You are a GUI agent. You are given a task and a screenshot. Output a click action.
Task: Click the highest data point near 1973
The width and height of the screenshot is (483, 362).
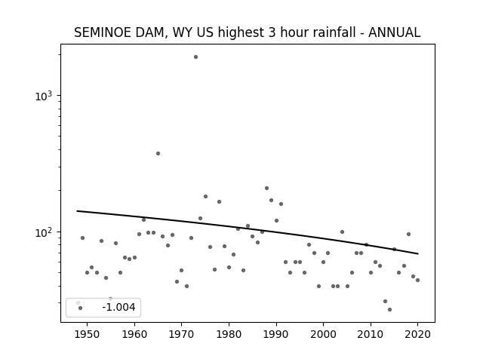click(195, 57)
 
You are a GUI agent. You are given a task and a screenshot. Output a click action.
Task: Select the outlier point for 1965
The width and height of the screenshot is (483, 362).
click(158, 153)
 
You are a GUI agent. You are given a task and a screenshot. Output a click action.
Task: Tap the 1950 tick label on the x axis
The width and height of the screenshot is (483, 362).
click(88, 334)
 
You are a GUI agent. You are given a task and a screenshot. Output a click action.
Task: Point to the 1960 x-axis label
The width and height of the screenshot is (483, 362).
click(134, 334)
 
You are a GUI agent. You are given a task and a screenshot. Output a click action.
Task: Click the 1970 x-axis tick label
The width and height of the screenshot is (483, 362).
click(181, 334)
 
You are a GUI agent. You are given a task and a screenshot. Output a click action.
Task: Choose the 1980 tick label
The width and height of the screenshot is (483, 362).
click(229, 334)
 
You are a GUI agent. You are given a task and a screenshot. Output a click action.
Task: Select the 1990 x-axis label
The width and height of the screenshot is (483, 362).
click(276, 334)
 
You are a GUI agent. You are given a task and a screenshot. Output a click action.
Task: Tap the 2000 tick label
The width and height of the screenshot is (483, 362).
click(323, 334)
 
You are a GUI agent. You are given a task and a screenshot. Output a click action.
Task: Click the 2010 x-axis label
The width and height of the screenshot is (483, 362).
click(371, 334)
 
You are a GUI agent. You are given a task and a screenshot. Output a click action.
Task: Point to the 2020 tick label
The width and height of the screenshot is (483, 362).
click(417, 334)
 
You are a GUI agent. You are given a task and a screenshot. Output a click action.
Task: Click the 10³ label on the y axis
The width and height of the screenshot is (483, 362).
click(44, 97)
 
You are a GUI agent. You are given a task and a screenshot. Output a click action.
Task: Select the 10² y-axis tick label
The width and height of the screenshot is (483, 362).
click(44, 233)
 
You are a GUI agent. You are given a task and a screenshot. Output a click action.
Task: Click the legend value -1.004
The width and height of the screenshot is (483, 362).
click(118, 307)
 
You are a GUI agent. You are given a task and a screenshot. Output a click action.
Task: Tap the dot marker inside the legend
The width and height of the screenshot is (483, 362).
click(81, 308)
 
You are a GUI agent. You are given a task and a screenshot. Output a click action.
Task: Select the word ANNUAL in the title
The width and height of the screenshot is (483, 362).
click(394, 32)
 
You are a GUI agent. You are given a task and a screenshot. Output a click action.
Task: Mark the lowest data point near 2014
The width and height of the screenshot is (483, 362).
click(389, 309)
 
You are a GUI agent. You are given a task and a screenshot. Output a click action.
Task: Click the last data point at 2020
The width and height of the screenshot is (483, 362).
click(417, 280)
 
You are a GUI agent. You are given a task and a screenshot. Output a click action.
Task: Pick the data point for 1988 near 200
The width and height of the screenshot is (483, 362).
click(266, 188)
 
